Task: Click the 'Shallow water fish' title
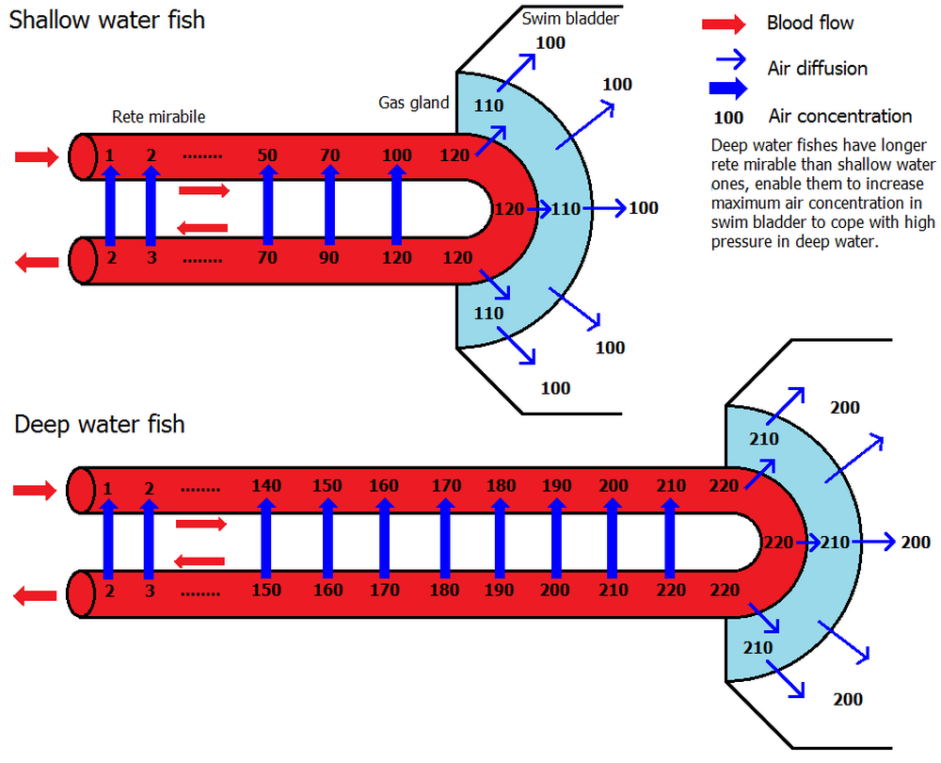click(106, 20)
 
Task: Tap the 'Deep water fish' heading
click(99, 425)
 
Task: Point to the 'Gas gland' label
click(414, 103)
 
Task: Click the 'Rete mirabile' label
click(158, 117)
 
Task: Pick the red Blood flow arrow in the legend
click(724, 24)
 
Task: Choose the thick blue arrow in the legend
click(725, 89)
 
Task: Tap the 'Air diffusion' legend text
click(818, 68)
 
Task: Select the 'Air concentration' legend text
click(840, 117)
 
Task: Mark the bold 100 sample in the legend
click(728, 119)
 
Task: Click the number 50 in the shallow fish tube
click(267, 154)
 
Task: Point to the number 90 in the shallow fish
click(329, 256)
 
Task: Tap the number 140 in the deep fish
click(267, 486)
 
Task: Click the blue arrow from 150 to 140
click(266, 538)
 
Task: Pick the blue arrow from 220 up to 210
click(670, 538)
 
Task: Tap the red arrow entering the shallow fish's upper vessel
click(36, 157)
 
